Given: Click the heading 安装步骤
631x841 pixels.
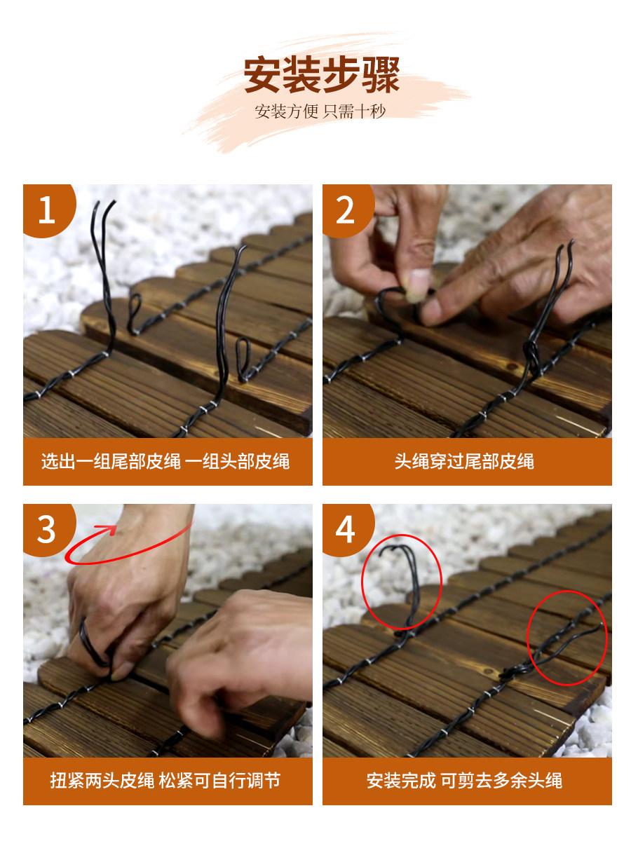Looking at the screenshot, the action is [321, 75].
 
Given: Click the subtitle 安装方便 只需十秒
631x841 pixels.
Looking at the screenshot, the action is [320, 111].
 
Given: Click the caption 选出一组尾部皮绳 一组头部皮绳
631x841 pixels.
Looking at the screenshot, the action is [165, 461].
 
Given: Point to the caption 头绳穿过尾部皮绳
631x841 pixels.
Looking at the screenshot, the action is [464, 461].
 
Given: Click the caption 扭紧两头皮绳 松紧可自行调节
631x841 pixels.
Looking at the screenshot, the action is [165, 781].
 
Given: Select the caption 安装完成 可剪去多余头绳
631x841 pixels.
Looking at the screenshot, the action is [464, 781].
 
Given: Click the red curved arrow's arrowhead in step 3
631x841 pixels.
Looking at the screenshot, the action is [108, 530].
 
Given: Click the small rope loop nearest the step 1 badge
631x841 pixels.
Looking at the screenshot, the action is [134, 313].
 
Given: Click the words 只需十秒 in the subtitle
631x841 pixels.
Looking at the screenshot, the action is [354, 111].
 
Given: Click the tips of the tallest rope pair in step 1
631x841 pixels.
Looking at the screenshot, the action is [103, 206].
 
